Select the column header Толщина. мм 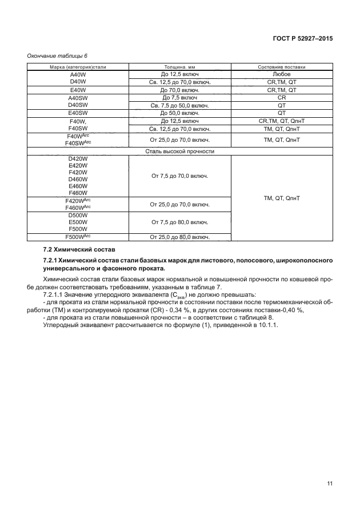point(180,67)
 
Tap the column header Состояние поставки point(282,67)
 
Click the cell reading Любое point(282,74)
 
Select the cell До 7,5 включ point(180,98)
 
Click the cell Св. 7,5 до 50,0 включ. point(180,106)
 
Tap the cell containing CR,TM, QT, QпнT point(282,121)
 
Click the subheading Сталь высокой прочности point(180,151)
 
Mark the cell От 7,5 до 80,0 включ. point(180,221)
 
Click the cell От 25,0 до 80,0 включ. point(180,237)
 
